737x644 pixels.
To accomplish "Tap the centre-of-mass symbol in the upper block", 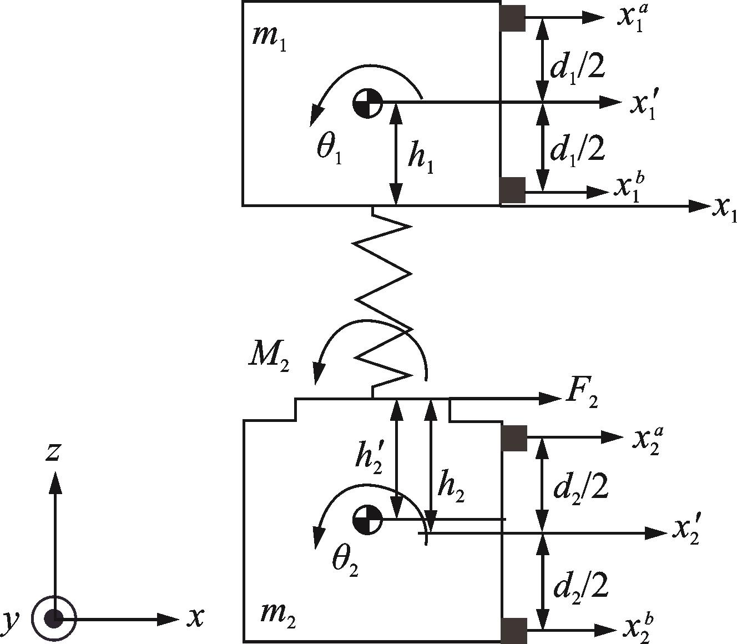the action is coord(367,103).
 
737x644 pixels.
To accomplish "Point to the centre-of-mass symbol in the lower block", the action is coord(367,520).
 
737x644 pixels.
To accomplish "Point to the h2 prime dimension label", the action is coord(368,460).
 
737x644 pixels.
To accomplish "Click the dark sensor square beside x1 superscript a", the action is coord(513,18).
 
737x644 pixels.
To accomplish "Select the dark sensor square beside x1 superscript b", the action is coord(513,190).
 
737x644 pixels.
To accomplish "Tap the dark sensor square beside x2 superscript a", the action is coord(514,438).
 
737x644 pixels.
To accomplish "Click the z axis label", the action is coord(52,452).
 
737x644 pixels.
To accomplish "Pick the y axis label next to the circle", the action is coord(10,620).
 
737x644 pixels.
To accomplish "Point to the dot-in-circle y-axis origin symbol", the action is coord(54,619).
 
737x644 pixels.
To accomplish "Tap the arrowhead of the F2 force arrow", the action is coord(551,398).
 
